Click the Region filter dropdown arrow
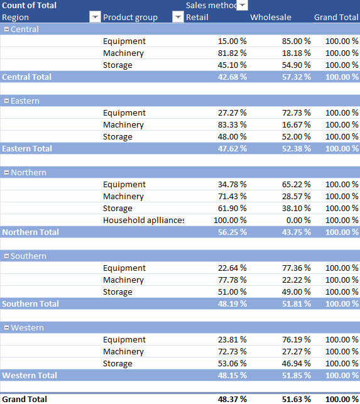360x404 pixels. [x=95, y=17]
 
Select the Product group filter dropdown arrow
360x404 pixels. [x=178, y=17]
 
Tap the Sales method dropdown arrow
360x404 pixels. [x=243, y=5]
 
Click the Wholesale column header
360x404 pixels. [x=271, y=17]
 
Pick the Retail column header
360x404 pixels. [x=197, y=17]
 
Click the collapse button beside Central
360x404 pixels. [x=7, y=30]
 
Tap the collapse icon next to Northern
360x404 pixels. [x=7, y=173]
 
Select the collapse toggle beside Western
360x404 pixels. [x=7, y=328]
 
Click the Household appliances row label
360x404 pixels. [x=143, y=221]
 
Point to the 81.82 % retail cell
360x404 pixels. [x=232, y=53]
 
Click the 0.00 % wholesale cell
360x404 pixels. [x=298, y=221]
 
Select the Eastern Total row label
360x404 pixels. [x=27, y=149]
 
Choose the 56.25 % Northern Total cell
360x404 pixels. [x=232, y=232]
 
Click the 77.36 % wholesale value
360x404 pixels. [x=296, y=268]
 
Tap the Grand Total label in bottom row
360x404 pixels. [x=25, y=399]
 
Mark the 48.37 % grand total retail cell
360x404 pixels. [x=232, y=399]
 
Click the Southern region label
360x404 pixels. [x=28, y=256]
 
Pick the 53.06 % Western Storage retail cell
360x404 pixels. [x=232, y=364]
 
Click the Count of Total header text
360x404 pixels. [x=29, y=6]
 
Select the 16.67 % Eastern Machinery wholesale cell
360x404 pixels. [x=296, y=124]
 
